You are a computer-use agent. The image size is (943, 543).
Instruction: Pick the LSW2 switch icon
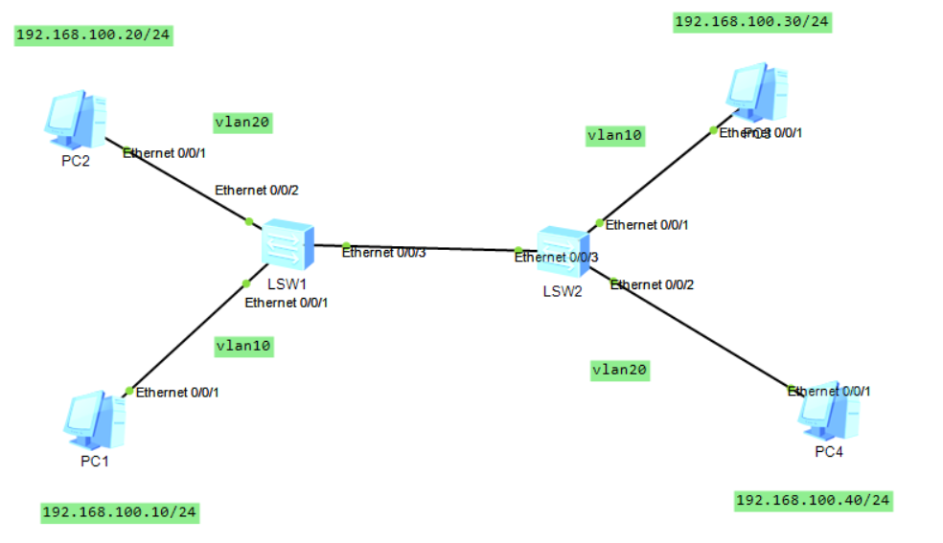561,252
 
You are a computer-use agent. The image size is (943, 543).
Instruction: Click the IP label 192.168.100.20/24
94,35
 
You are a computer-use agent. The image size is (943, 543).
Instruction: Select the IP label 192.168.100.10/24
120,512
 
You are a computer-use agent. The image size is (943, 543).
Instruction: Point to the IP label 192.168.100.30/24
752,22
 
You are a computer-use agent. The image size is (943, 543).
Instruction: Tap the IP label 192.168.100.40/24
813,500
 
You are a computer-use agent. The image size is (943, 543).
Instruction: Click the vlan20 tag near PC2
243,122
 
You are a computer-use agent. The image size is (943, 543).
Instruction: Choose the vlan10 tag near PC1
243,347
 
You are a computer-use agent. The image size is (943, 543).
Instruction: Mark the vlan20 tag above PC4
619,370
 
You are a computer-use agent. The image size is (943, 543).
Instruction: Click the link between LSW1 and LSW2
431,248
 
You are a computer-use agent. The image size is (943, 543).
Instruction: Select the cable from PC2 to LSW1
182,183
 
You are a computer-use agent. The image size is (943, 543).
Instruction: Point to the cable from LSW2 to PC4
700,334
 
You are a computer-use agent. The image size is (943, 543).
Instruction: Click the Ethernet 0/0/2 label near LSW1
257,190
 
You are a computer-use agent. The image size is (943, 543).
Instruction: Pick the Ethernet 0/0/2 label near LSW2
652,284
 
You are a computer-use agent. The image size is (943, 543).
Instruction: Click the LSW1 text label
286,284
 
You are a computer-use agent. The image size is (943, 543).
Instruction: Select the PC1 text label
94,462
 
